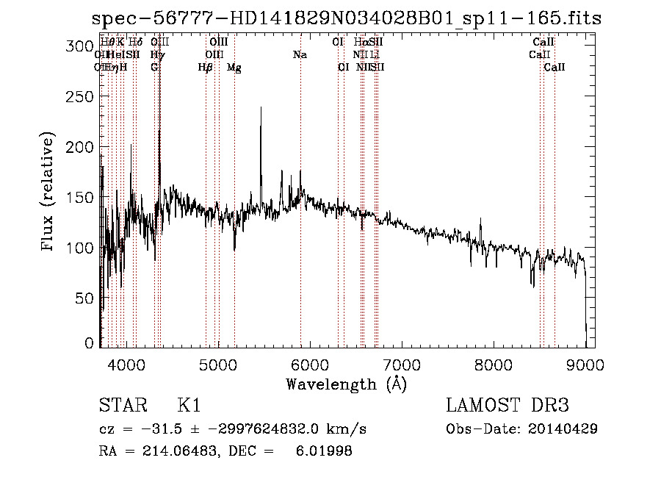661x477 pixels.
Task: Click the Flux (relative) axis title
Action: tap(49, 193)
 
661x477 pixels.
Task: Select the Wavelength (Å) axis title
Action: tap(345, 384)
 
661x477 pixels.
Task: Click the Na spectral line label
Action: tap(300, 54)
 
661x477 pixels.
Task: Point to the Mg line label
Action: tap(234, 68)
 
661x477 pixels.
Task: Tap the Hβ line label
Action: tap(206, 68)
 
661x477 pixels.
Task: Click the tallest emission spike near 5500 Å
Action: tap(261, 109)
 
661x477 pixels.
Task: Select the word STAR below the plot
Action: tap(118, 406)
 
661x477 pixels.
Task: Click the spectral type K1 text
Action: tap(189, 406)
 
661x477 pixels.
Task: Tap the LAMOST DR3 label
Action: tap(508, 406)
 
